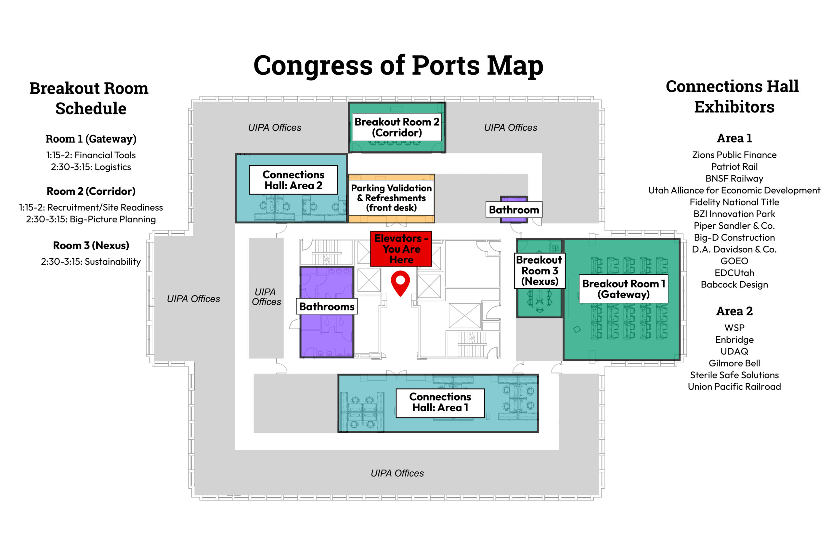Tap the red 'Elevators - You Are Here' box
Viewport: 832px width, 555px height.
[x=401, y=249]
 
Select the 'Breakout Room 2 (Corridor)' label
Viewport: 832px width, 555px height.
[x=397, y=127]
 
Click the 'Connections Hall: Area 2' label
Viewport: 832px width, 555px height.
[x=293, y=180]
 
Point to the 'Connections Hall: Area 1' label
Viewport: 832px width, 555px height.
[x=440, y=403]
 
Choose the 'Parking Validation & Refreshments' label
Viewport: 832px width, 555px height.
[x=391, y=197]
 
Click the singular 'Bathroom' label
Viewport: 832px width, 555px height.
[x=513, y=209]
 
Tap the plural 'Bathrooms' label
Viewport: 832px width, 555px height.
[x=327, y=307]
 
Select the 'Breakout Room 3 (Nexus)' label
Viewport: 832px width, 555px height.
[x=539, y=271]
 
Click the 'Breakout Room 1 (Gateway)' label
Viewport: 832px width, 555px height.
[x=623, y=289]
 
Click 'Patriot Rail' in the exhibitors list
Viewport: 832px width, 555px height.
[x=734, y=167]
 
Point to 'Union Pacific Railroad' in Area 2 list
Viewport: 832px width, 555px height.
[x=734, y=387]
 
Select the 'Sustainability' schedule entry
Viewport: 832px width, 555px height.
[x=113, y=262]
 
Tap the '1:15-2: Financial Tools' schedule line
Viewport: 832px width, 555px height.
[x=91, y=155]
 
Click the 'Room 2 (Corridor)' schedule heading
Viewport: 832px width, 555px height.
[x=91, y=192]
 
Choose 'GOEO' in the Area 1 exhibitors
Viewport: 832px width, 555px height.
[x=734, y=261]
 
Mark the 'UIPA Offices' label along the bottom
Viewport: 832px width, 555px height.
[x=397, y=473]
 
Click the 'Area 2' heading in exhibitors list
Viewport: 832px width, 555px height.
[x=734, y=311]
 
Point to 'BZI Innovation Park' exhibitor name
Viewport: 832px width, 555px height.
[x=734, y=214]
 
